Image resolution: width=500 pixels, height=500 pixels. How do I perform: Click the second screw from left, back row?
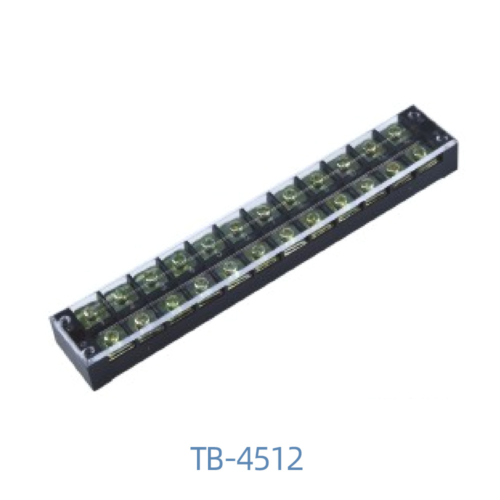pyautogui.click(x=119, y=296)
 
